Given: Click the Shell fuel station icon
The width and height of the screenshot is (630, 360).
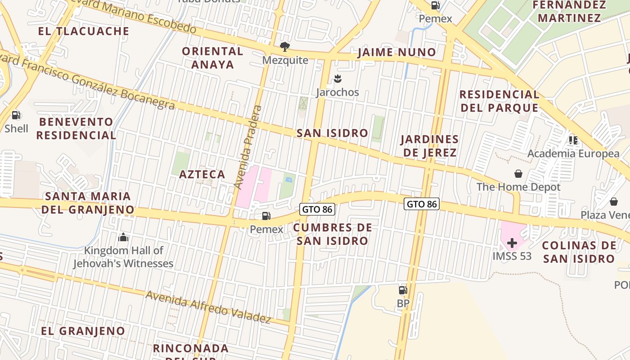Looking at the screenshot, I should click(x=16, y=115).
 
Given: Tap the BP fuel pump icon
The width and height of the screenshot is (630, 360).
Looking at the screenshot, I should click(x=403, y=290).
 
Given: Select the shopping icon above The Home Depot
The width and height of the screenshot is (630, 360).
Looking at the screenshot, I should click(x=518, y=174).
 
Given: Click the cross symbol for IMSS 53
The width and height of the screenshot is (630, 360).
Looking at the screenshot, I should click(x=512, y=243).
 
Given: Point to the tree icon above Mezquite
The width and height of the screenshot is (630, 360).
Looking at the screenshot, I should click(x=284, y=46).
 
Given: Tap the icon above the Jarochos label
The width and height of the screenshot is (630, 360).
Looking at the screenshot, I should click(x=337, y=80).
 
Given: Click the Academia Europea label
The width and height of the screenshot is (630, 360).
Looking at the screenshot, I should click(x=573, y=153).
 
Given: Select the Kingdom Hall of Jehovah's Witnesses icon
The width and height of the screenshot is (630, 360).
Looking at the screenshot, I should click(x=123, y=237).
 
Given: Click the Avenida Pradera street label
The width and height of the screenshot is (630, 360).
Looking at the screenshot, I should click(x=247, y=147).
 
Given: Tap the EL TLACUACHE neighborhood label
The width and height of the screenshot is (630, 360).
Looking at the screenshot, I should click(x=84, y=31).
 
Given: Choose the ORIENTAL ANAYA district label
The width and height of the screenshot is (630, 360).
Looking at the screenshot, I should click(x=212, y=58).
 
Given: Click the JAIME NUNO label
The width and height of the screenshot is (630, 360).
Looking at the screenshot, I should click(x=396, y=53).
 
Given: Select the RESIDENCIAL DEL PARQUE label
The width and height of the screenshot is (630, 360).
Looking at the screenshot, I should click(x=499, y=101).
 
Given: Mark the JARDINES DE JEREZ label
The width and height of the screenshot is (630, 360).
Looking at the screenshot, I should click(x=430, y=146).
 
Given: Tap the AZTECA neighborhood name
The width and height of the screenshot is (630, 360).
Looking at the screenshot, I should click(x=202, y=174).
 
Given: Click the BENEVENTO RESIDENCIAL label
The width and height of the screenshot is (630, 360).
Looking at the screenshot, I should click(x=76, y=128).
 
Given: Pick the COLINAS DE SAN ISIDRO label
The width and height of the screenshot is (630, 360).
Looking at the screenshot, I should click(x=579, y=252).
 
